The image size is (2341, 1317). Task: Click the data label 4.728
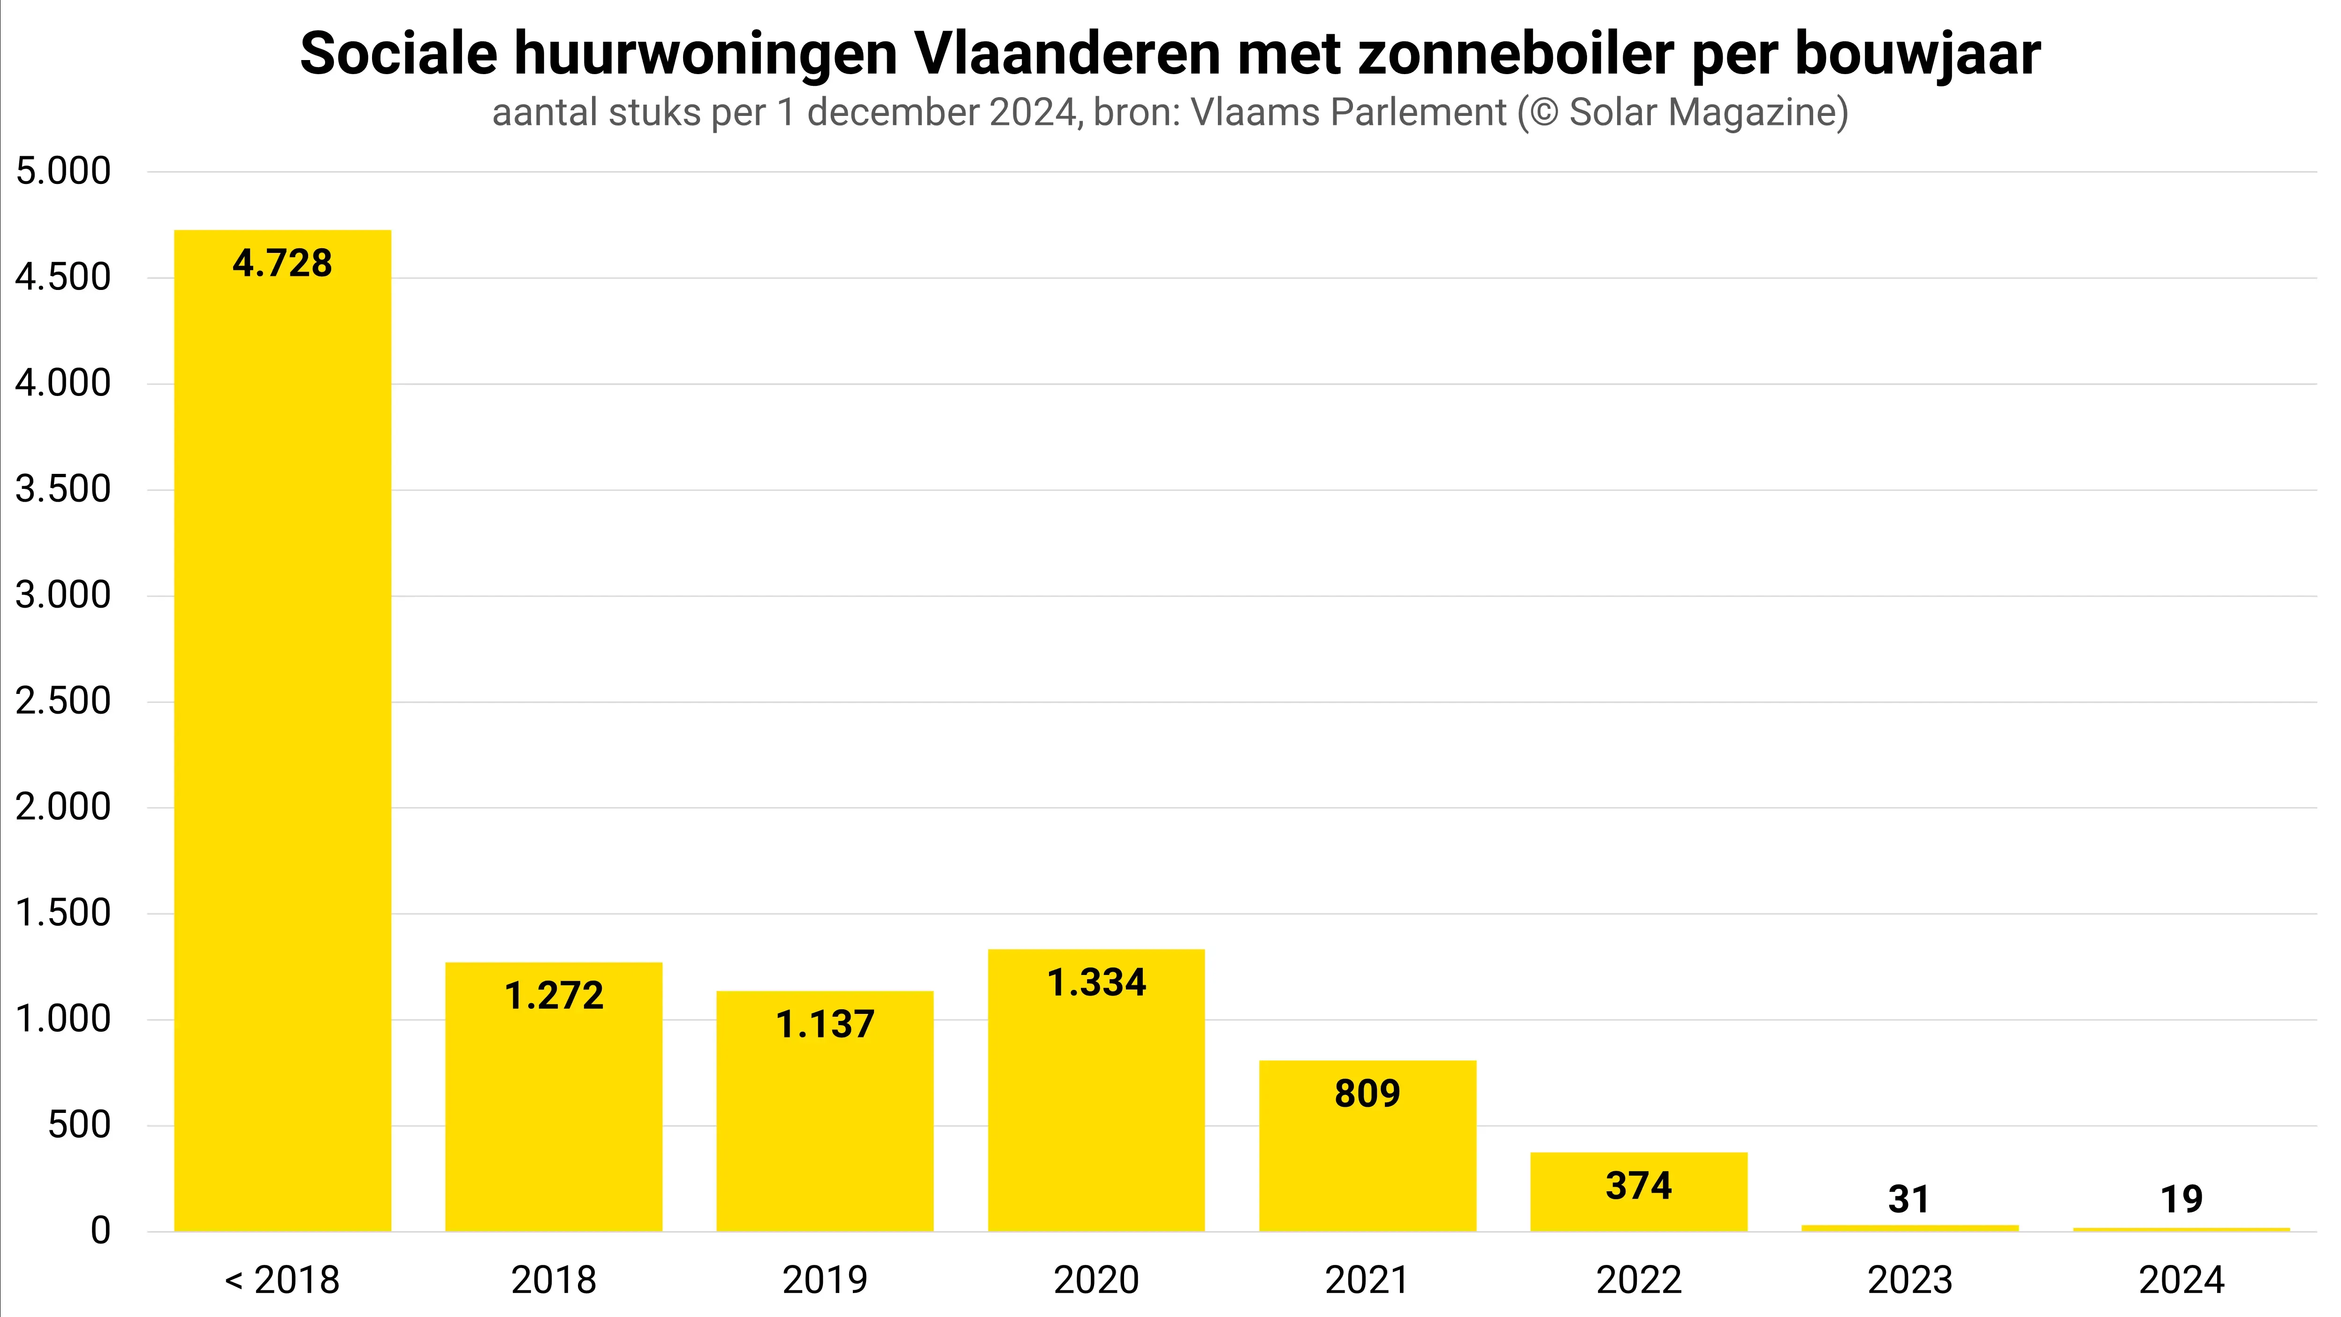pos(282,264)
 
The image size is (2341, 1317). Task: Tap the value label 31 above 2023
pos(1909,1200)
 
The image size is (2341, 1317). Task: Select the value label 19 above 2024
pos(2181,1200)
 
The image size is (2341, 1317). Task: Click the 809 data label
pos(1368,1093)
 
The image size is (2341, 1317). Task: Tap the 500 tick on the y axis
pos(79,1125)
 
